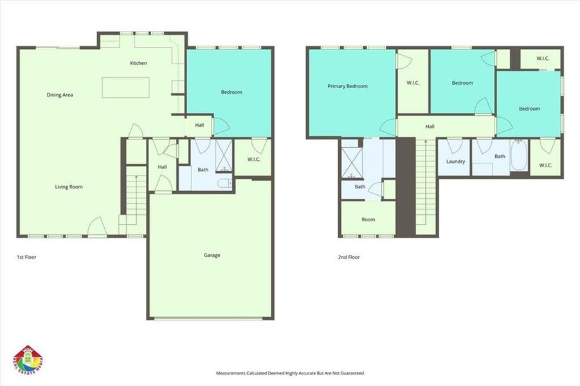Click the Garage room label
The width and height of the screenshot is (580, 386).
(212, 255)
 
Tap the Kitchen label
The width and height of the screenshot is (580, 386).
(138, 63)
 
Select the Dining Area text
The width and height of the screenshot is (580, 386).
(60, 95)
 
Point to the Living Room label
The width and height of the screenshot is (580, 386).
(69, 187)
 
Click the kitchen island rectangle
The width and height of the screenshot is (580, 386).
(125, 87)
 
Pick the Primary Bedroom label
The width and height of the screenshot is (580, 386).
(347, 86)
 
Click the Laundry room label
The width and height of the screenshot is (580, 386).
(455, 161)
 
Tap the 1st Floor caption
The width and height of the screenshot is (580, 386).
(26, 257)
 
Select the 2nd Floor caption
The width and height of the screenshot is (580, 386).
(349, 257)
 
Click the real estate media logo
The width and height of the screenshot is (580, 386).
(27, 358)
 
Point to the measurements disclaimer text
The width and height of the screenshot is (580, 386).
(289, 373)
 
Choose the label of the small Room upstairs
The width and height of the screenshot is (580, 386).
(368, 220)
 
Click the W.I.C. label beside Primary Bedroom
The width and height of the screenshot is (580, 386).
(413, 82)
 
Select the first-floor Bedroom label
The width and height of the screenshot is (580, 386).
(231, 93)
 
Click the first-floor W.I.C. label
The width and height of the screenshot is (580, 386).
(253, 160)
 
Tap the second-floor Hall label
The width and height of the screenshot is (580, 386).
(430, 127)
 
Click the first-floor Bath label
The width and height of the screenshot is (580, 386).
(203, 170)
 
